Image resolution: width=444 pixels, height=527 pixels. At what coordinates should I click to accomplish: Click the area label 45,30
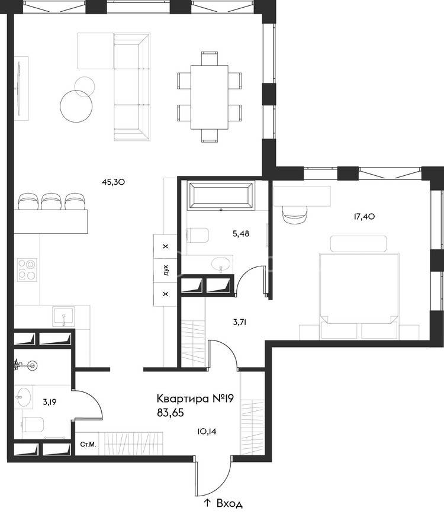click(113, 182)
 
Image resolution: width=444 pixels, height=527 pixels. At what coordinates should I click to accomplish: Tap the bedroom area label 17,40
click(364, 217)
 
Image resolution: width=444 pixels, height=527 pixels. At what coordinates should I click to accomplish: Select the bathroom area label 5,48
click(241, 233)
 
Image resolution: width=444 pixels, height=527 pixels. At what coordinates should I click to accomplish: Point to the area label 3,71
click(240, 323)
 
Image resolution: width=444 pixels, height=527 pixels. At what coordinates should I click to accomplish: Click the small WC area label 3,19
click(49, 402)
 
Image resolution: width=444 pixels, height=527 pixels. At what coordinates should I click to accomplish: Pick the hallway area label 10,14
click(207, 432)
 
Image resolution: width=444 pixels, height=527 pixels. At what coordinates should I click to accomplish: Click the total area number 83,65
click(170, 413)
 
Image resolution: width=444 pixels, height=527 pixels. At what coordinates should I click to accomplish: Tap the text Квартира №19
click(195, 399)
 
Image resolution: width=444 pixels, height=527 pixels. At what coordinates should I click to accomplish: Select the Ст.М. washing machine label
click(88, 445)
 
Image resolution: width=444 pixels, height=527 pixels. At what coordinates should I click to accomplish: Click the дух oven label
click(165, 270)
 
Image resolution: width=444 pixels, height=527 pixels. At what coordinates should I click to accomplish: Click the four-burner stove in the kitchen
click(27, 269)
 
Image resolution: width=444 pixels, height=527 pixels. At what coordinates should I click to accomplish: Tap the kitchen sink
click(63, 317)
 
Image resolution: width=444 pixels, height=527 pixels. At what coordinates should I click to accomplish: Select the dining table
click(210, 97)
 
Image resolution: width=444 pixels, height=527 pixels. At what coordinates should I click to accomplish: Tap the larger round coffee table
click(76, 106)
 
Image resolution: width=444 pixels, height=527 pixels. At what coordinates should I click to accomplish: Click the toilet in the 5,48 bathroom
click(198, 235)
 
